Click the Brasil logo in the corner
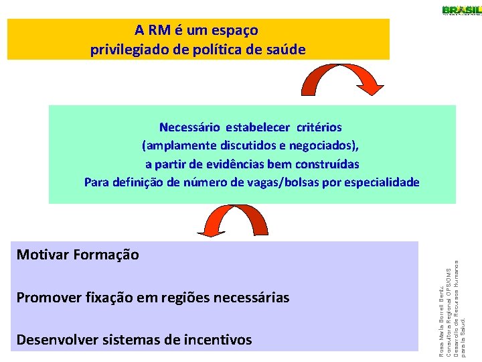(x=461, y=10)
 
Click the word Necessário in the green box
(x=191, y=127)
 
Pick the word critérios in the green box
(x=320, y=127)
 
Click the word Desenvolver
(x=56, y=340)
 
